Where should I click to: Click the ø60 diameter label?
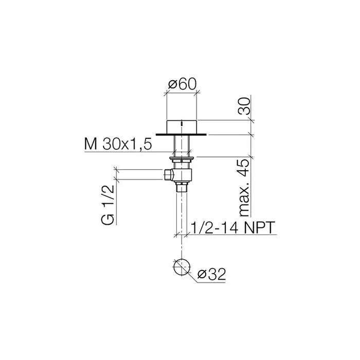(x=183, y=84)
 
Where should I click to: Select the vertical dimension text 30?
(x=244, y=106)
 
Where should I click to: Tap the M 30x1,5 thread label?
(x=118, y=145)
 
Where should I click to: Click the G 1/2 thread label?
(x=107, y=205)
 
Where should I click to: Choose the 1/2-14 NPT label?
(x=232, y=227)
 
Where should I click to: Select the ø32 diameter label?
(x=212, y=274)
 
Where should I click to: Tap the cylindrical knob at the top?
(x=182, y=127)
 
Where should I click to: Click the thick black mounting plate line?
(x=181, y=135)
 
